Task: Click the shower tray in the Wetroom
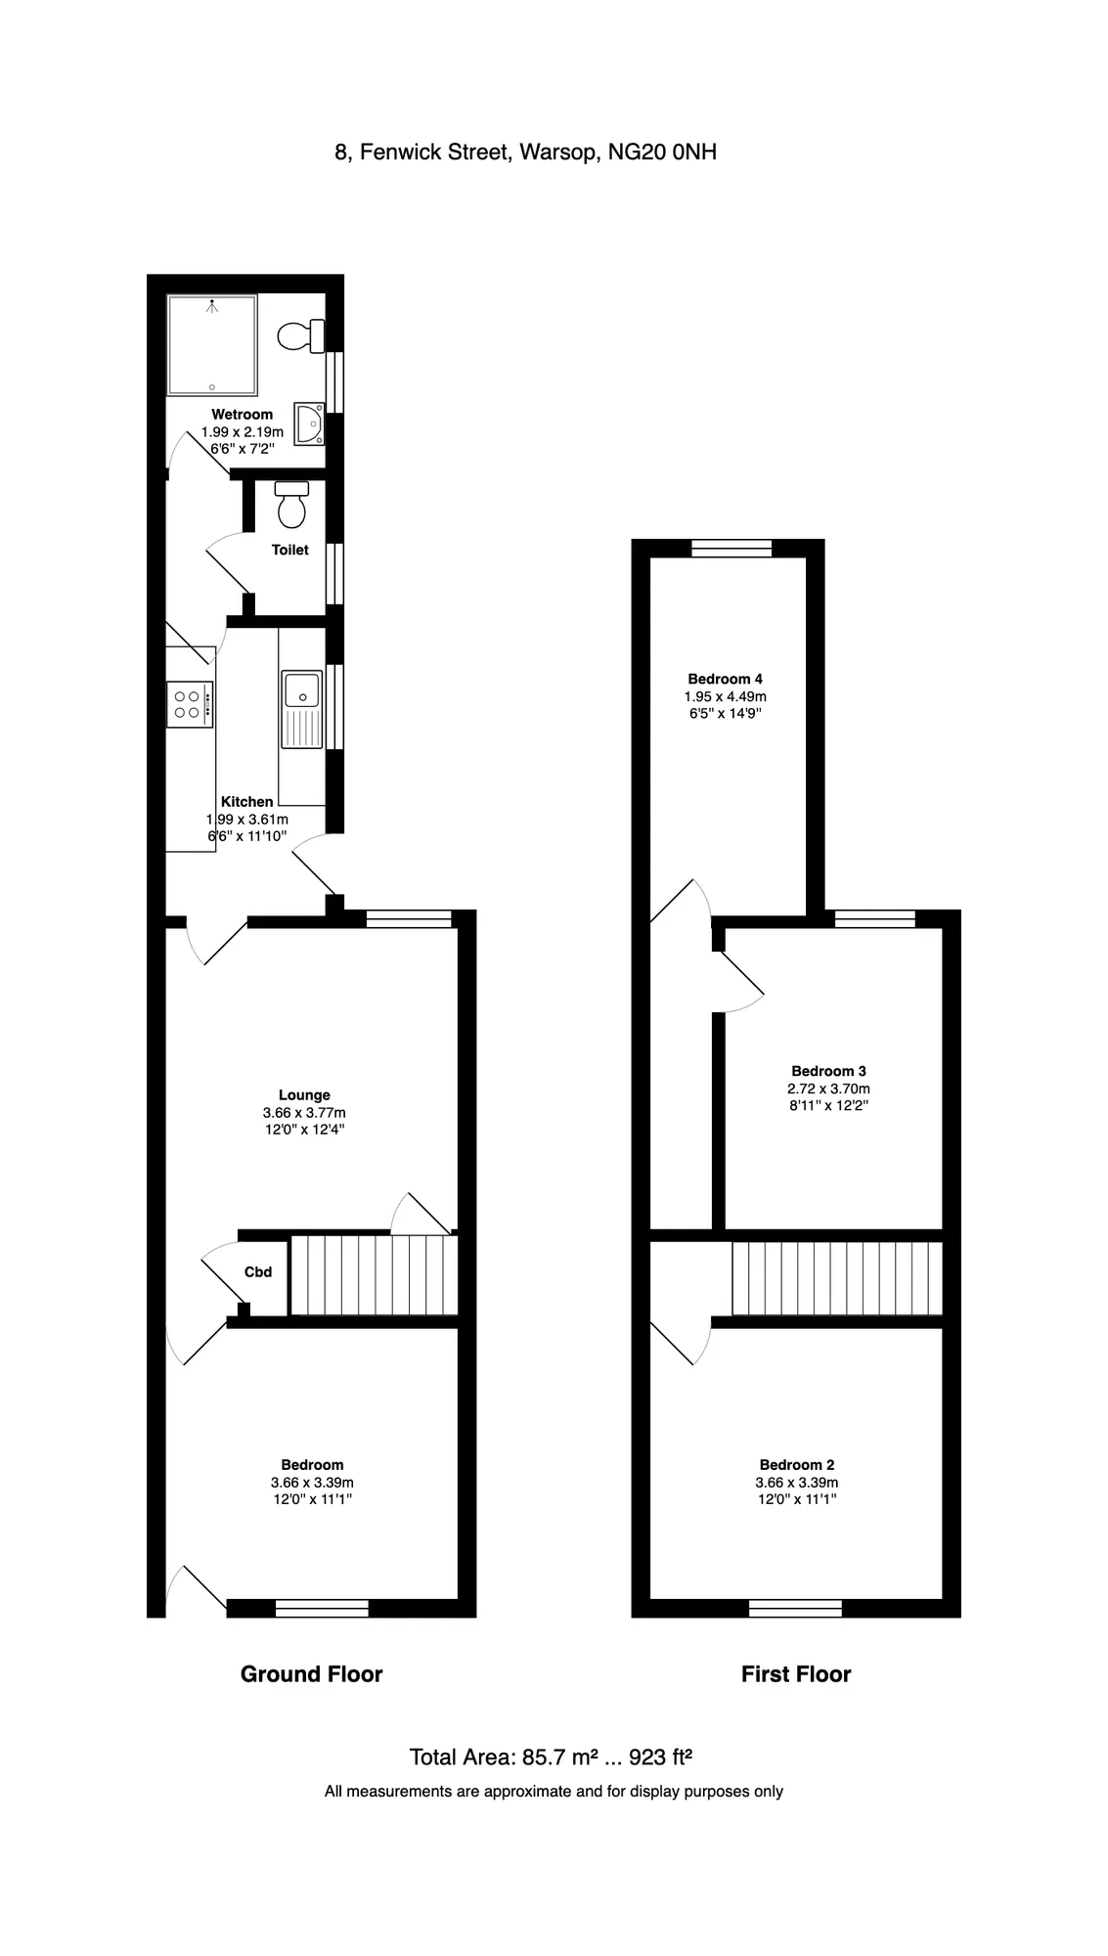click(212, 345)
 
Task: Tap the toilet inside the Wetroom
click(301, 335)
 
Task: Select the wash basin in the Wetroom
click(310, 423)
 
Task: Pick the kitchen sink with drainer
click(302, 709)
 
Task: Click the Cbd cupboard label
click(258, 1272)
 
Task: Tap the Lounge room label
click(304, 1095)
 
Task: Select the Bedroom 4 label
click(725, 679)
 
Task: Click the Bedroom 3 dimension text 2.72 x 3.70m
click(828, 1089)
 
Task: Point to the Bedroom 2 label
click(797, 1465)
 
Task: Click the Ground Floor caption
click(311, 1674)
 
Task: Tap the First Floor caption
click(796, 1674)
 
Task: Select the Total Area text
click(551, 1757)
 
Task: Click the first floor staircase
click(837, 1278)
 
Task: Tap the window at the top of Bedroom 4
click(731, 549)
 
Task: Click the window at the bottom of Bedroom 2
click(795, 1608)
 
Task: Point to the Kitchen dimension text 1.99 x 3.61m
click(246, 820)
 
